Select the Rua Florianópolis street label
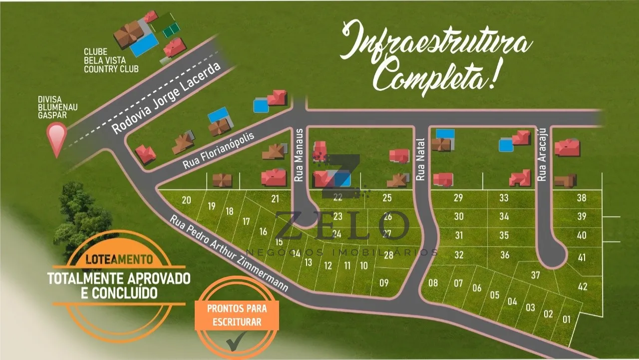(219, 150)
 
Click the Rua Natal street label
(420, 159)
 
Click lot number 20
(186, 200)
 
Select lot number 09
(384, 283)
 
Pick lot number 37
(535, 275)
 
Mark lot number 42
(582, 287)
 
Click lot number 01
(566, 319)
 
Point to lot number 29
(458, 198)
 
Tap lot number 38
(581, 198)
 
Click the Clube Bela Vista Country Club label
(111, 60)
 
